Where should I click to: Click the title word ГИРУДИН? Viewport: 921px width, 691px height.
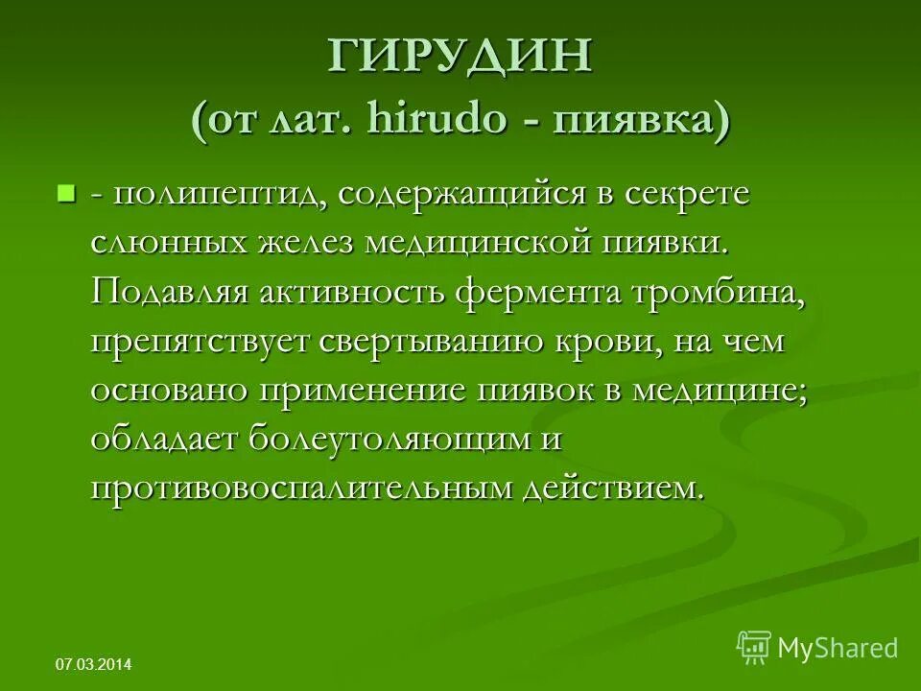pos(460,59)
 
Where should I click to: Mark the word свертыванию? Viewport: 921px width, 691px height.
pos(439,342)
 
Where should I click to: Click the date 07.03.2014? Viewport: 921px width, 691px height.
pos(94,664)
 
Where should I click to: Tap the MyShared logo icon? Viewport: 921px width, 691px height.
pos(754,647)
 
